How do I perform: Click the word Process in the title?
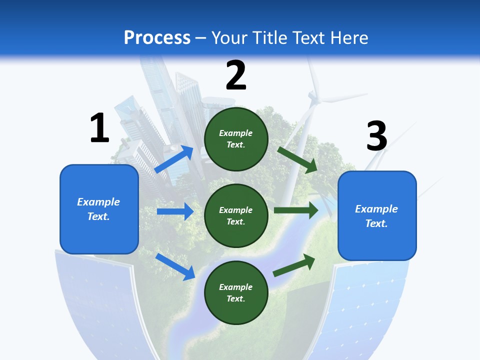pyautogui.click(x=157, y=38)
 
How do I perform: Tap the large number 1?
pyautogui.click(x=99, y=128)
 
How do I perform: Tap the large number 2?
pyautogui.click(x=236, y=75)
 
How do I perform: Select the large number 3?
pyautogui.click(x=377, y=136)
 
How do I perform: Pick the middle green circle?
pyautogui.click(x=236, y=215)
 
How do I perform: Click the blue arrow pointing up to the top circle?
pyautogui.click(x=174, y=159)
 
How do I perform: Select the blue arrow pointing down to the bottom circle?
pyautogui.click(x=175, y=266)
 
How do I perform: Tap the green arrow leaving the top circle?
pyautogui.click(x=298, y=160)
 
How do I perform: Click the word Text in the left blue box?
pyautogui.click(x=98, y=216)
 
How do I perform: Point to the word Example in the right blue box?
pyautogui.click(x=376, y=209)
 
